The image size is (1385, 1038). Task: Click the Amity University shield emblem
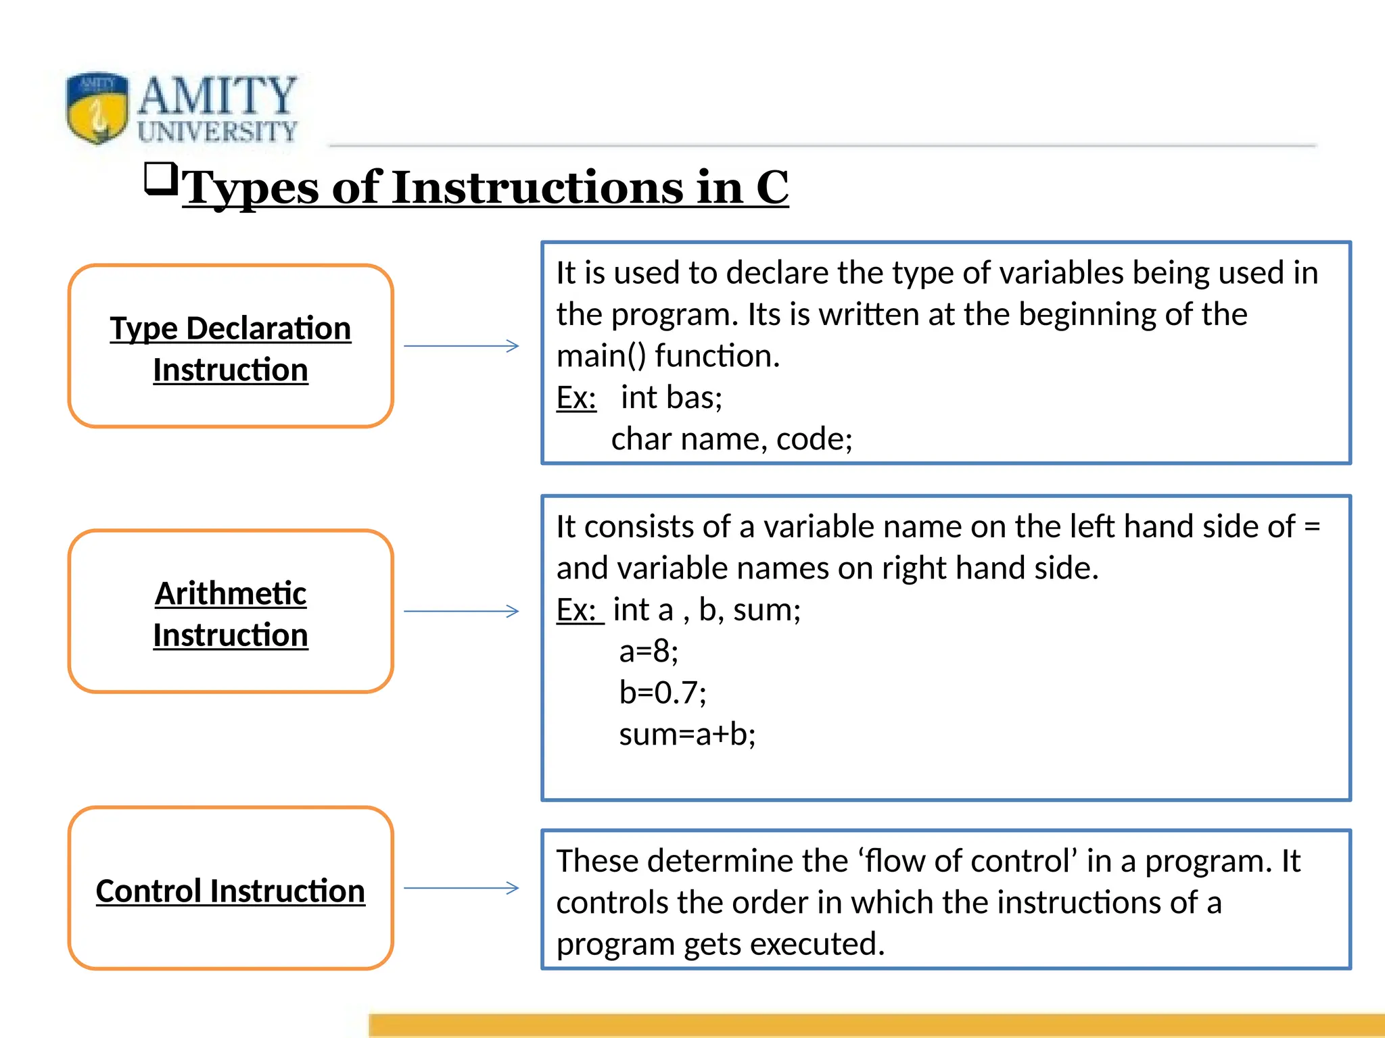pyautogui.click(x=97, y=107)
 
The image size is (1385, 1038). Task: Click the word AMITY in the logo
pyautogui.click(x=217, y=96)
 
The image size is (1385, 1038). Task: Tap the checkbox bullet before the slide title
pyautogui.click(x=161, y=179)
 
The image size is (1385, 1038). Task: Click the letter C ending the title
pyautogui.click(x=772, y=187)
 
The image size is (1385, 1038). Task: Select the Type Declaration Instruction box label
pyautogui.click(x=231, y=348)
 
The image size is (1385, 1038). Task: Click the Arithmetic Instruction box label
pyautogui.click(x=231, y=614)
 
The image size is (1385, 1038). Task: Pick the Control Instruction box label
pyautogui.click(x=231, y=891)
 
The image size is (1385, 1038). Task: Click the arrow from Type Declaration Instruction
pyautogui.click(x=461, y=346)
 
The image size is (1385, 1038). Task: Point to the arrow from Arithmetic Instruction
pyautogui.click(x=461, y=612)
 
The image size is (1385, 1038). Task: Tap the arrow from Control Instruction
pyautogui.click(x=461, y=888)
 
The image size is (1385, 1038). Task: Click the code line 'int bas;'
pyautogui.click(x=671, y=397)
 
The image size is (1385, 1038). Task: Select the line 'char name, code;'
pyautogui.click(x=732, y=439)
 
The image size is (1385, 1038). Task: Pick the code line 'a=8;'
pyautogui.click(x=649, y=651)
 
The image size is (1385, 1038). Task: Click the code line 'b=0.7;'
pyautogui.click(x=663, y=693)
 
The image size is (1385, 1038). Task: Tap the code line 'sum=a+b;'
pyautogui.click(x=687, y=735)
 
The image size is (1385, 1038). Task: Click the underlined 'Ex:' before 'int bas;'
pyautogui.click(x=576, y=397)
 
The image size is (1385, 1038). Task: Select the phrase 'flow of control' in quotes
pyautogui.click(x=968, y=862)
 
